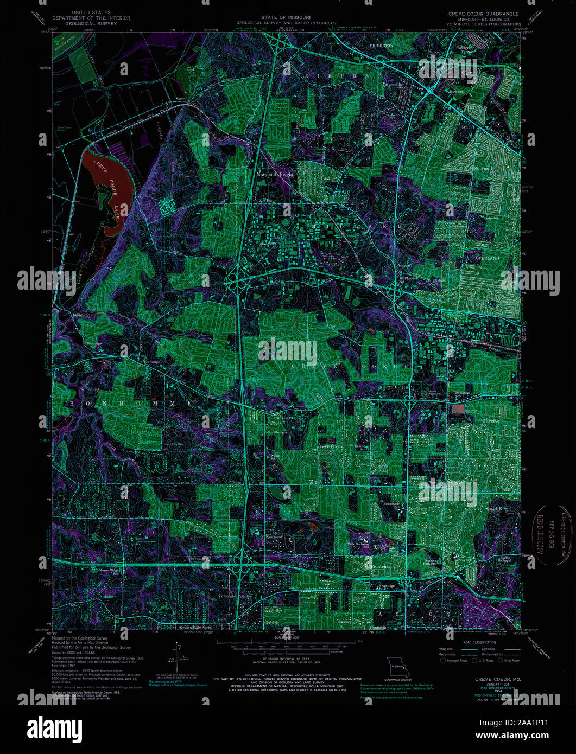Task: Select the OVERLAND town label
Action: click(487, 258)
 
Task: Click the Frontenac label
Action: click(380, 566)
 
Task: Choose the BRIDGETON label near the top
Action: click(381, 46)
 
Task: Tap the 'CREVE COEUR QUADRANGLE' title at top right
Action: click(483, 14)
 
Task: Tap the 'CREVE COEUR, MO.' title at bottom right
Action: click(498, 679)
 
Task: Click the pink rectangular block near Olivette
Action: click(459, 408)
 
